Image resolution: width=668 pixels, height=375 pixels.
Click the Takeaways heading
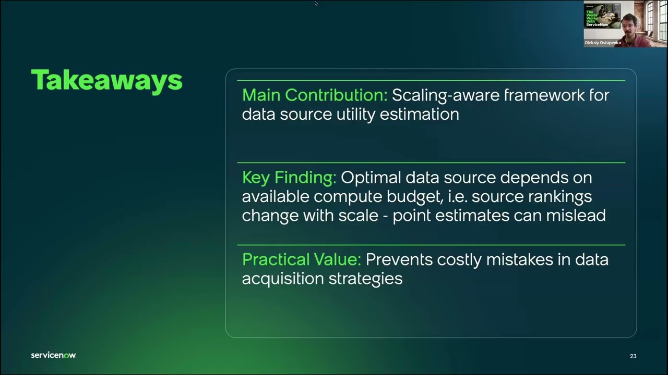(106, 81)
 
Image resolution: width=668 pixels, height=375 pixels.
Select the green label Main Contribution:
(315, 95)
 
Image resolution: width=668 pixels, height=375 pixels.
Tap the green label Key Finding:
(289, 178)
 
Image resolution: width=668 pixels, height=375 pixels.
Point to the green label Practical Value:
(302, 259)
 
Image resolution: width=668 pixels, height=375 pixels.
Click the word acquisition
(283, 279)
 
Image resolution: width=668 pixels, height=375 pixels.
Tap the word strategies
(365, 279)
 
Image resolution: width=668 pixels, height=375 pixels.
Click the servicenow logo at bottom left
(53, 355)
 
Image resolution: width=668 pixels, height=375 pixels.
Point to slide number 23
(633, 356)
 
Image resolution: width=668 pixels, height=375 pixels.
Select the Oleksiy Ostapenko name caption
(603, 43)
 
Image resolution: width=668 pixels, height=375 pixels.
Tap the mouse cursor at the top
(316, 4)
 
